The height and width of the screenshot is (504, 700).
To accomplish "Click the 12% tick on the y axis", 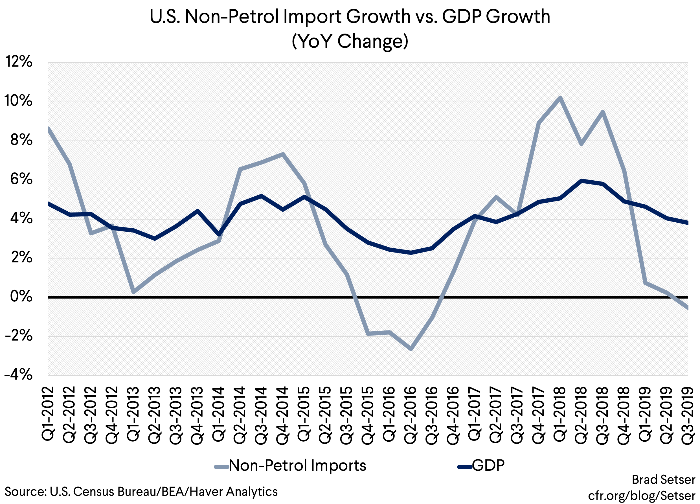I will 19,62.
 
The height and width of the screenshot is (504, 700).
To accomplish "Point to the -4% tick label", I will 19,375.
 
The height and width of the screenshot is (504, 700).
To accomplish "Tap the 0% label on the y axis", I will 21,297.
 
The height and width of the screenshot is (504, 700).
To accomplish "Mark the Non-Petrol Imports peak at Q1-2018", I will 560,98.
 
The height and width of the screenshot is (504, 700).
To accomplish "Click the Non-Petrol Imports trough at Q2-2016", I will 411,349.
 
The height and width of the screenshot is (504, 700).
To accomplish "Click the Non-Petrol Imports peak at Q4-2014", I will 283,154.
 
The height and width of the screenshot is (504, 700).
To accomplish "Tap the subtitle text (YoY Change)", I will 350,41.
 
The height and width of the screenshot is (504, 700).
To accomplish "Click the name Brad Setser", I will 664,480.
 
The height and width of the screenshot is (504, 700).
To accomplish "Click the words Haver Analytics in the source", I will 233,491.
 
